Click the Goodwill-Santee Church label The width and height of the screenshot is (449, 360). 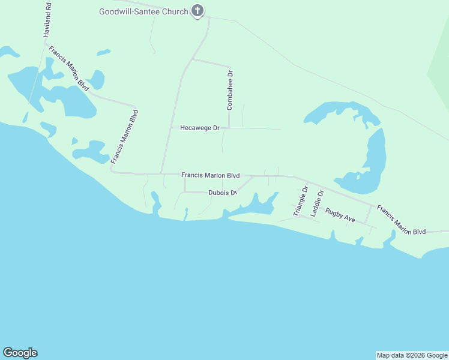coord(143,11)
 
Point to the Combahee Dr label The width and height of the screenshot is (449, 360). coord(229,90)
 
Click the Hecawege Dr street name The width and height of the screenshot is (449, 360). coord(200,128)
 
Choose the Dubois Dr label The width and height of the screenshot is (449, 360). coord(223,193)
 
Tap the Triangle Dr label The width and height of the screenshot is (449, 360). coord(300,201)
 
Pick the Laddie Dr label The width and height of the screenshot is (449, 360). coord(316,203)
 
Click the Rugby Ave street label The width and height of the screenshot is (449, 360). coord(340,215)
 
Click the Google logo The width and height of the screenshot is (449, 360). coord(20,353)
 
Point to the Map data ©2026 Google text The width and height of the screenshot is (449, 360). coord(412,355)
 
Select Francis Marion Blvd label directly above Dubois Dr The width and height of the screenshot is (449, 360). coord(210,175)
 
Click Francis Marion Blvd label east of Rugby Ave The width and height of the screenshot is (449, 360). coord(401,220)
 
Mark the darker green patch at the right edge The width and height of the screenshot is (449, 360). coord(439,75)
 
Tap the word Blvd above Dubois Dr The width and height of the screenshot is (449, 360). coord(233,175)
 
